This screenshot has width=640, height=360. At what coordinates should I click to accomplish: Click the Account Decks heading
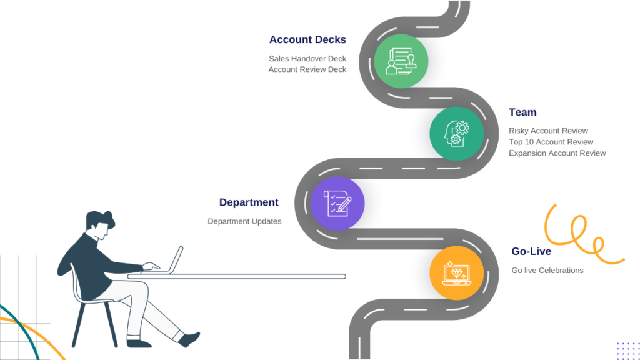pos(307,39)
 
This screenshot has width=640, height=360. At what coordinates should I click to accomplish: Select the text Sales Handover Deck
pos(307,59)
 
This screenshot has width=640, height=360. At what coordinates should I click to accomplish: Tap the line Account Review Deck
pos(307,69)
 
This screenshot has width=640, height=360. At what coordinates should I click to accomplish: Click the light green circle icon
pos(401,61)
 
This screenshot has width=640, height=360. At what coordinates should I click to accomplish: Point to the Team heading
pos(522,112)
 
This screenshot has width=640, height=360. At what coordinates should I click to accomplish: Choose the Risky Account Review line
pos(548,131)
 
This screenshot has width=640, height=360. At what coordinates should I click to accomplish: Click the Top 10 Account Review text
pos(551,142)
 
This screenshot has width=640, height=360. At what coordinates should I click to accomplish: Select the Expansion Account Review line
pos(557,153)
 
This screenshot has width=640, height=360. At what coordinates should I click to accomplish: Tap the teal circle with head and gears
pos(456,134)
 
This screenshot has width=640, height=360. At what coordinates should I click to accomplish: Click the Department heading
pos(249,202)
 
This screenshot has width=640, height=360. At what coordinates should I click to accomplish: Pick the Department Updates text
pos(244,221)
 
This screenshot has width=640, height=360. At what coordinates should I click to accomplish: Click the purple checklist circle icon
pos(337,203)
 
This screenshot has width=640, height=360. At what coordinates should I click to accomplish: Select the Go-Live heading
pos(531,251)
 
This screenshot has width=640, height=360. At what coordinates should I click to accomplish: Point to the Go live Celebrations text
pos(547,271)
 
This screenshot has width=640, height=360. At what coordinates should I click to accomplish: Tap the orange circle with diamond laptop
pos(456,273)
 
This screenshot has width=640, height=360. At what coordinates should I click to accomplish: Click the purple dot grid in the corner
pos(628,351)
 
